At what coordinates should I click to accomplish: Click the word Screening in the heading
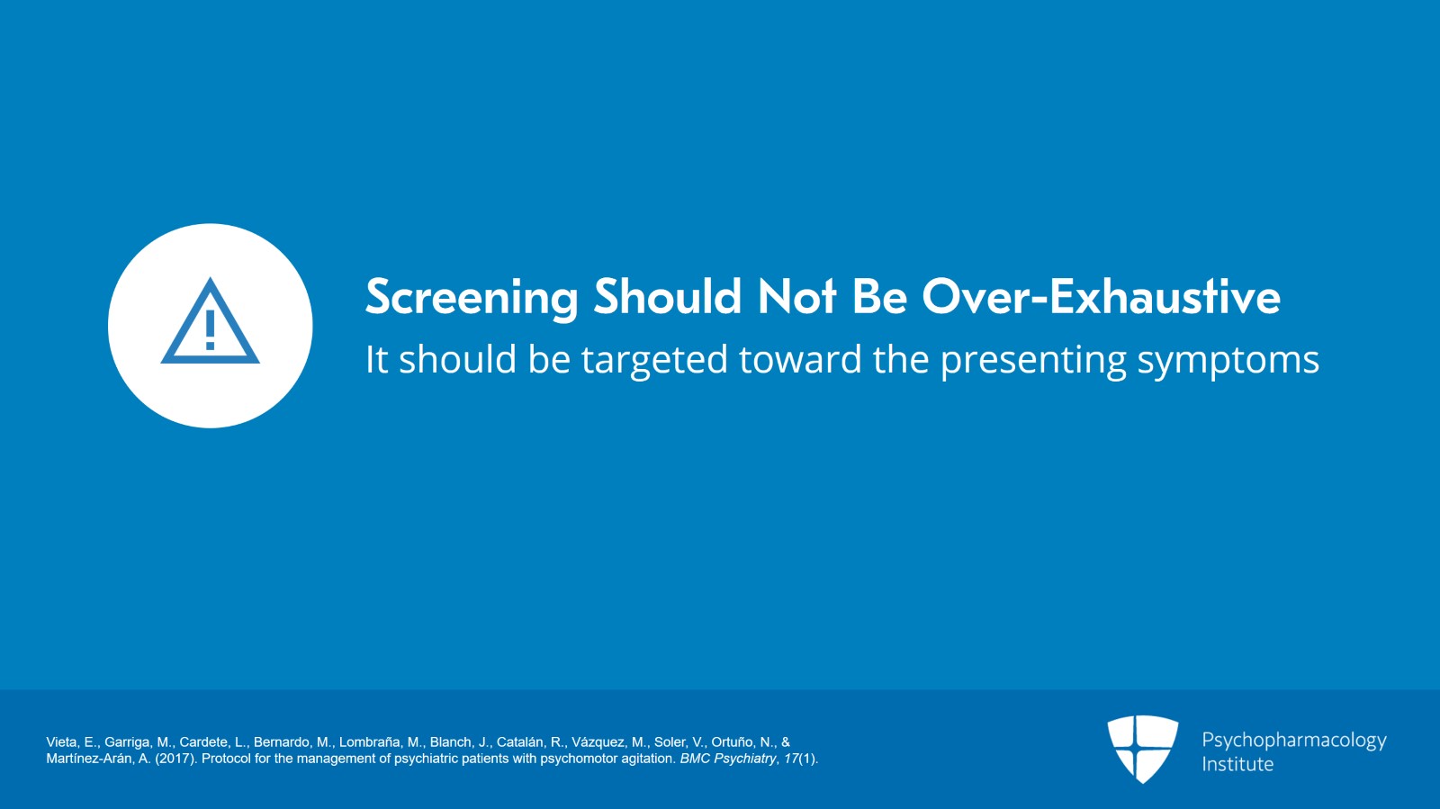pyautogui.click(x=472, y=298)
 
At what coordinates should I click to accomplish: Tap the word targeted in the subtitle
pyautogui.click(x=654, y=359)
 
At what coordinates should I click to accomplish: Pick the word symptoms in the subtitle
pyautogui.click(x=1228, y=361)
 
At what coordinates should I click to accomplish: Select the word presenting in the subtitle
pyautogui.click(x=1033, y=361)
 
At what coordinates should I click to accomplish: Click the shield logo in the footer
pyautogui.click(x=1142, y=750)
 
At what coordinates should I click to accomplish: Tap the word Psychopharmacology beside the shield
pyautogui.click(x=1294, y=741)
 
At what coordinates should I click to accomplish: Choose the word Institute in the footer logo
pyautogui.click(x=1237, y=764)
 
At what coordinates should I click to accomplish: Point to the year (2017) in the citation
pyautogui.click(x=176, y=759)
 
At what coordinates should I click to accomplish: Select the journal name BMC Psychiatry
pyautogui.click(x=728, y=759)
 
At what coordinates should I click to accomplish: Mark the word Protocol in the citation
pyautogui.click(x=226, y=759)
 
